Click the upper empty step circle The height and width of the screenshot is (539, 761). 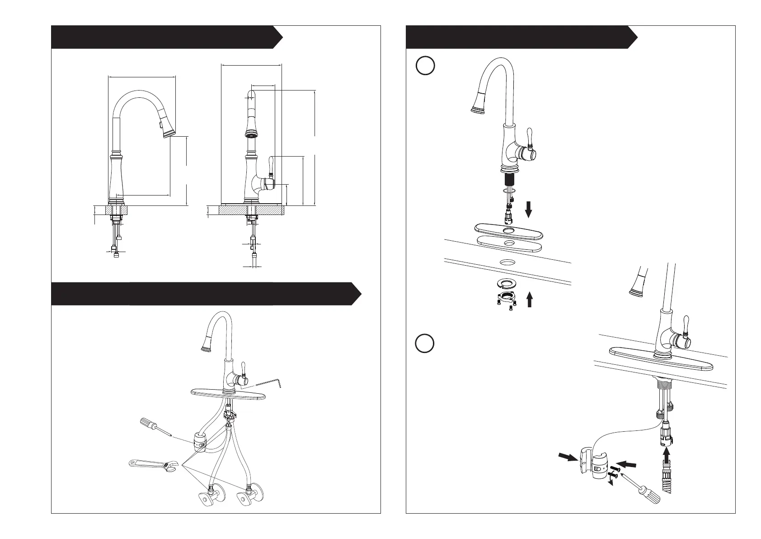pyautogui.click(x=425, y=66)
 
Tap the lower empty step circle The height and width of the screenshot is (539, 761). pyautogui.click(x=425, y=344)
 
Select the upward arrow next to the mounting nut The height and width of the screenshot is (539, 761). pyautogui.click(x=529, y=300)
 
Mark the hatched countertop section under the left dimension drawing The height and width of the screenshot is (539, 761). pyautogui.click(x=117, y=210)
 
